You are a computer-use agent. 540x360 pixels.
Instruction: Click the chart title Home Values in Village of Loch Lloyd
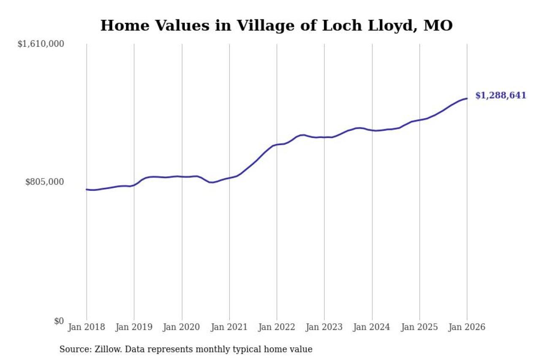point(276,26)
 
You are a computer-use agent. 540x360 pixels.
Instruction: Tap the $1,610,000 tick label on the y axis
point(40,44)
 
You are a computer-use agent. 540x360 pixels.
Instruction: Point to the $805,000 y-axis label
point(44,182)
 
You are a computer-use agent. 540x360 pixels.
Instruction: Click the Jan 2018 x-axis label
point(86,328)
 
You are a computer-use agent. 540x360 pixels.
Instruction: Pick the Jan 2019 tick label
point(134,328)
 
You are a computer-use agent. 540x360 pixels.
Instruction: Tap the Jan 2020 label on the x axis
point(182,328)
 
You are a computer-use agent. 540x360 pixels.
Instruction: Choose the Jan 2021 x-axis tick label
point(229,328)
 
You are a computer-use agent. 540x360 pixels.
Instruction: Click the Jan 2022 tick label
point(277,328)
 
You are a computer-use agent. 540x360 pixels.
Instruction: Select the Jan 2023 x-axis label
point(324,328)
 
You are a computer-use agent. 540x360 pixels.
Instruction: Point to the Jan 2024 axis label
point(372,328)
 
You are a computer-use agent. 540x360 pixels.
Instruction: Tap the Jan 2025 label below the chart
point(420,328)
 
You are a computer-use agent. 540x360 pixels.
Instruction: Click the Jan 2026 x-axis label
point(467,328)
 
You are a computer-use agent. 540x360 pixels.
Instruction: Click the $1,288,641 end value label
point(501,95)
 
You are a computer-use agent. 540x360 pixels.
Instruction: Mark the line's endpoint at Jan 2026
point(467,99)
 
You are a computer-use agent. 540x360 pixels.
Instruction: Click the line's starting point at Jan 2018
point(86,189)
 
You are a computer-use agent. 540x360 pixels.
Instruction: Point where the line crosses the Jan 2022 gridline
point(277,145)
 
